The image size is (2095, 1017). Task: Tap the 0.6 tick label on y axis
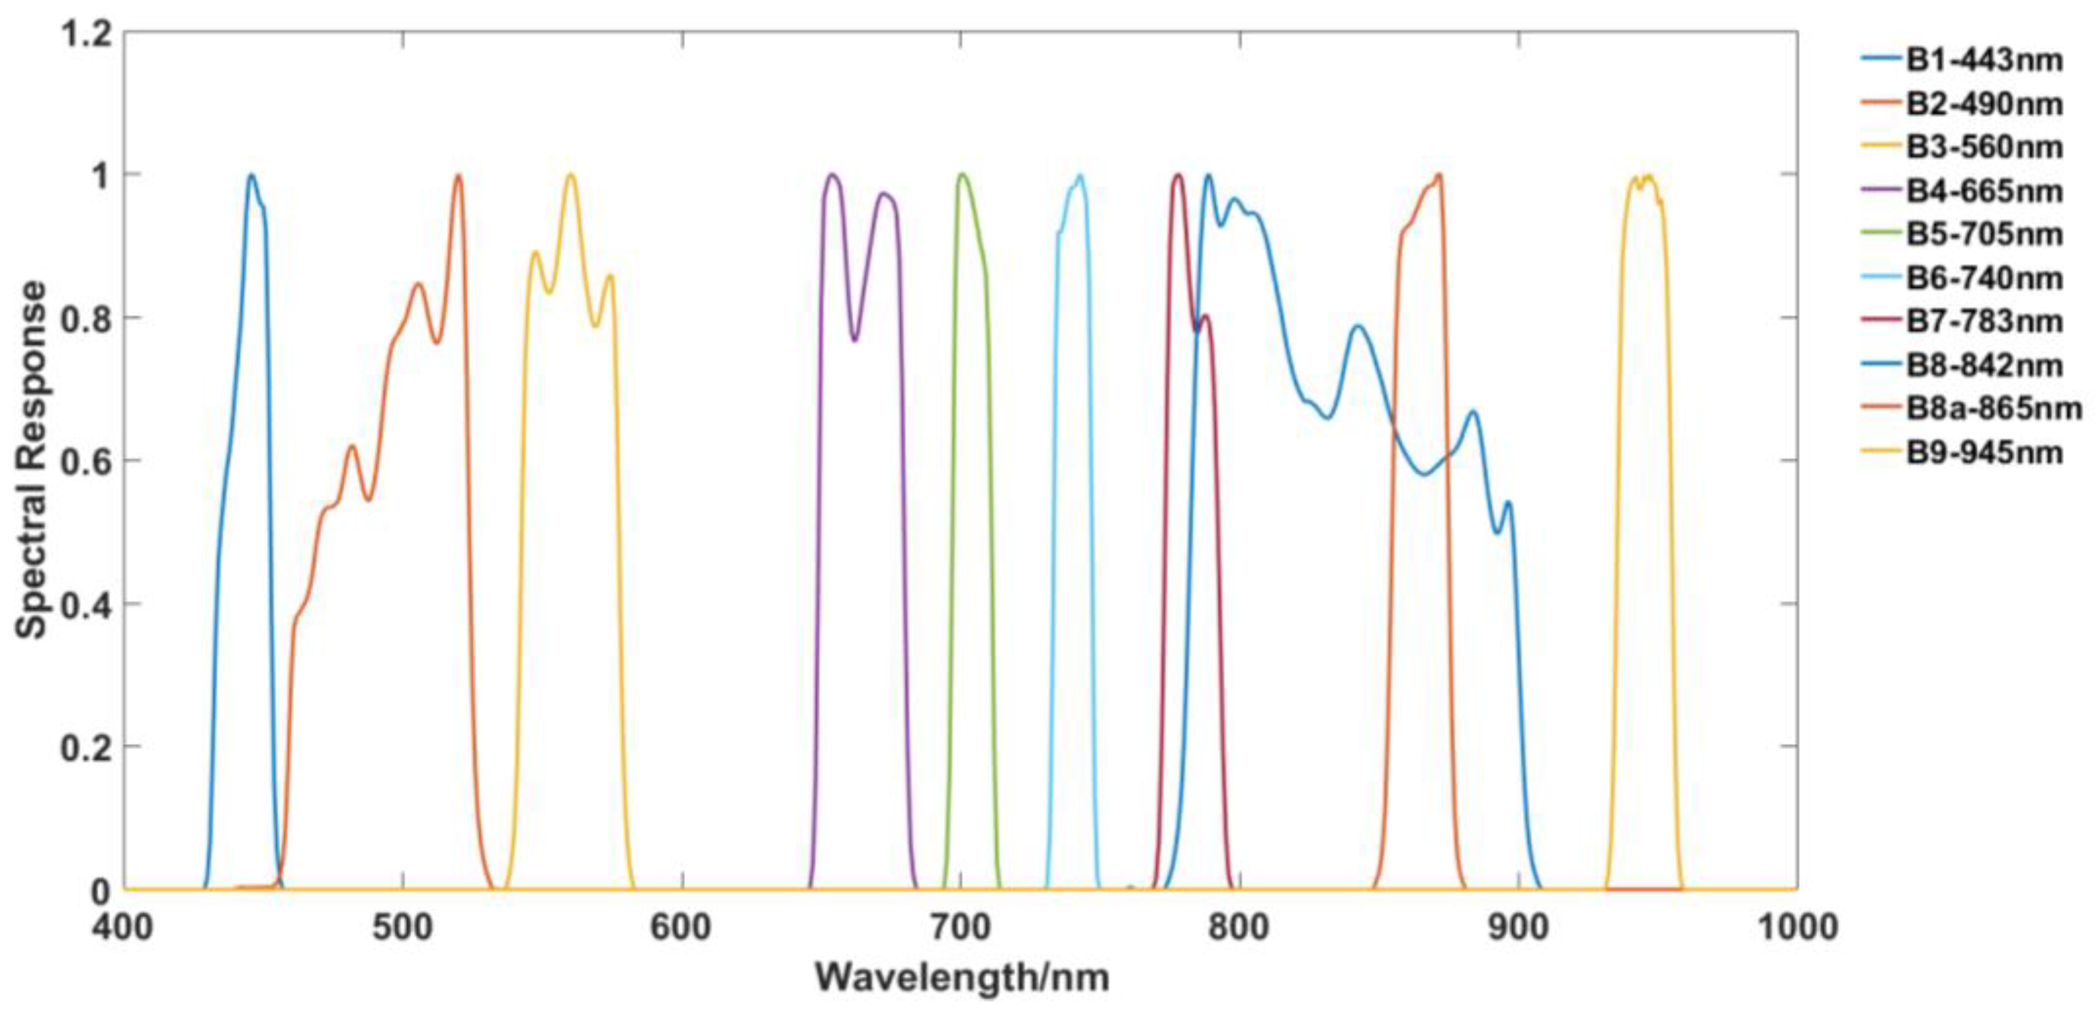point(86,462)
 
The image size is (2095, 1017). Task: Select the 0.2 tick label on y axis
point(86,747)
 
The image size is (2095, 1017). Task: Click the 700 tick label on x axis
point(961,928)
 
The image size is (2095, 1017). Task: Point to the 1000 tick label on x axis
point(1796,928)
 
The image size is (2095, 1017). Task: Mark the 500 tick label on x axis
point(403,928)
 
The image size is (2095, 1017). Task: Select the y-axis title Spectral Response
point(33,460)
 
